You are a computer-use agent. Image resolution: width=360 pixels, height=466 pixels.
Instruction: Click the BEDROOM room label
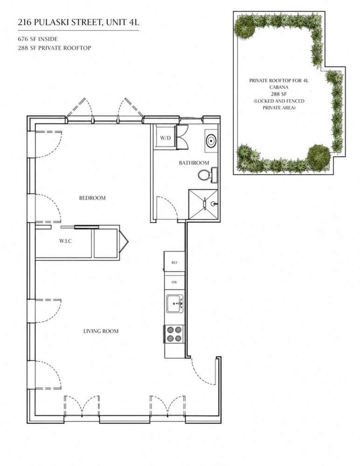pos(92,198)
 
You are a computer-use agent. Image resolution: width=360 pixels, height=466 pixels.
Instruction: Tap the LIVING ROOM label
pos(101,331)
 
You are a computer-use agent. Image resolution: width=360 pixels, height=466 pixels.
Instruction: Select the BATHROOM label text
pos(194,163)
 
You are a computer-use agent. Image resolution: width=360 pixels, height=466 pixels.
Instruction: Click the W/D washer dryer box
pos(165,138)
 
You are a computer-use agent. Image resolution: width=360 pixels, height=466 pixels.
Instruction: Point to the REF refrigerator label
pos(174,263)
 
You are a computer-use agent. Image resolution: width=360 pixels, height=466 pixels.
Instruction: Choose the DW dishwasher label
pos(174,282)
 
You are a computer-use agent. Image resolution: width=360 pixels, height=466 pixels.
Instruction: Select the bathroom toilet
pos(206,176)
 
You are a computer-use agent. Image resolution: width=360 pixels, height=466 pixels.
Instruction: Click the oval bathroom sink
pos(211,139)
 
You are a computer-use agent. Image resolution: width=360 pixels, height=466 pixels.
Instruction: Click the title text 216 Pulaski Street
pos(77,21)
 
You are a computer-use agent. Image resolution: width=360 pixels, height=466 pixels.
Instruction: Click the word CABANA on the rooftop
pos(279,87)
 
